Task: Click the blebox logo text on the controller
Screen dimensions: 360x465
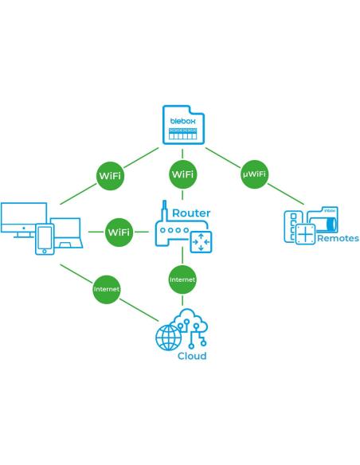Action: (x=183, y=121)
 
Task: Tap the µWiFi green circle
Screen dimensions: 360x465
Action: (x=254, y=174)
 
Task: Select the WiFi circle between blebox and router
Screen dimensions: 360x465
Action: (x=183, y=174)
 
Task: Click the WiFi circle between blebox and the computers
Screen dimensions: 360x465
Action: (x=111, y=175)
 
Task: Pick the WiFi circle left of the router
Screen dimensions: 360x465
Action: (x=119, y=232)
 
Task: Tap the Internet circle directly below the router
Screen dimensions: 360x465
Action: (x=182, y=279)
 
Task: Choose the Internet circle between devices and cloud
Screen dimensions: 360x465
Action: (x=107, y=289)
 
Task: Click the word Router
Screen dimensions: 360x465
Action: (x=191, y=213)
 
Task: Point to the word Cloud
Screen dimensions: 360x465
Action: (x=192, y=356)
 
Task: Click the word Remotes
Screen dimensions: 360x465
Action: (x=338, y=238)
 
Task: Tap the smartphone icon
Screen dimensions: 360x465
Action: (x=45, y=239)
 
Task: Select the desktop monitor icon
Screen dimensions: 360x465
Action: (x=24, y=220)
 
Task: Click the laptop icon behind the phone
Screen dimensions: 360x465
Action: (x=66, y=232)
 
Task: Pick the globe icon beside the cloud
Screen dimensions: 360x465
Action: (x=168, y=338)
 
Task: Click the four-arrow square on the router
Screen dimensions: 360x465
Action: (x=201, y=242)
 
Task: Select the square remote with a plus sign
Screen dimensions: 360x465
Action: (x=305, y=235)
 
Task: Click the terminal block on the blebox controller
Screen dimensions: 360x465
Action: (x=183, y=134)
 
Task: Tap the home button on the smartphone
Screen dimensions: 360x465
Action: (x=45, y=251)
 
